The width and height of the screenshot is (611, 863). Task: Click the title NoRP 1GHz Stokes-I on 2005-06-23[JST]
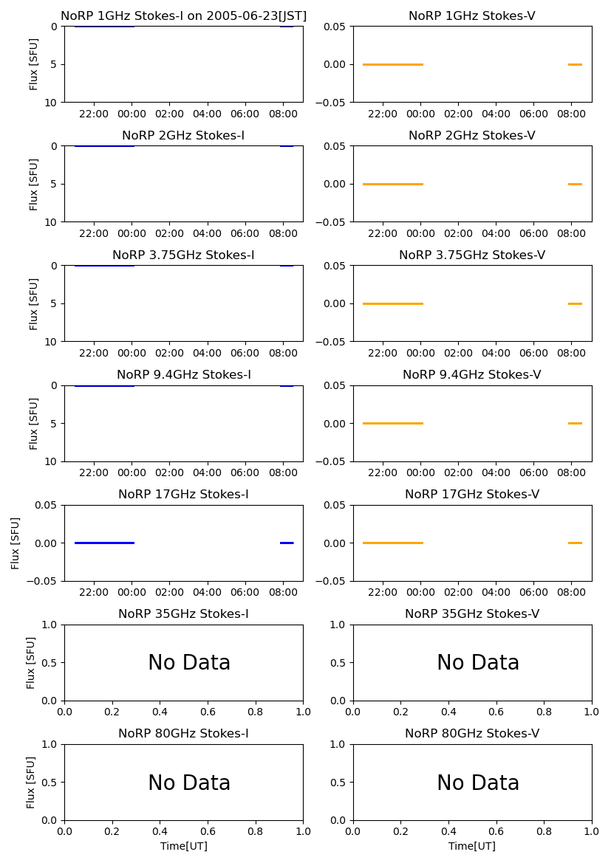point(183,16)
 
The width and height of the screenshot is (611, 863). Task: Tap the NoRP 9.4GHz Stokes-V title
point(471,375)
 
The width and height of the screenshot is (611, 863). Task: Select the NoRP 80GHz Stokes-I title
point(183,734)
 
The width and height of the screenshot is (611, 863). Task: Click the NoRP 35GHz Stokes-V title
point(471,614)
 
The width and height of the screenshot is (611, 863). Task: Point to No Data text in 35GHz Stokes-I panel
point(189,663)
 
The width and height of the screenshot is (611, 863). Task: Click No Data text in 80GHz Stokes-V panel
point(478,783)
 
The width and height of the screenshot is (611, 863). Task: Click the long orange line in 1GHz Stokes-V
point(392,64)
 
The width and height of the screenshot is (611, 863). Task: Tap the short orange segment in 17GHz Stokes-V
point(575,543)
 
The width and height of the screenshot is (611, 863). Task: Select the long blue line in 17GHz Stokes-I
point(104,543)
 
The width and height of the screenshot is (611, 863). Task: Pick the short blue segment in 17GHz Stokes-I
point(287,543)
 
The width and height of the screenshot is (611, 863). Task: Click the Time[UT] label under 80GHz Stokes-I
point(183,846)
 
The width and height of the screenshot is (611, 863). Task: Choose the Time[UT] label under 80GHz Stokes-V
point(471,846)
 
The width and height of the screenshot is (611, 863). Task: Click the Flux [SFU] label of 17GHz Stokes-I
point(16,543)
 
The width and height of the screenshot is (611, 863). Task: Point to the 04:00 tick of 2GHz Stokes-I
point(207,233)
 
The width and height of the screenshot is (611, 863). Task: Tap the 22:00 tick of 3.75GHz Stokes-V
point(383,353)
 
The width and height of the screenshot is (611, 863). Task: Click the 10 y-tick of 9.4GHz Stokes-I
point(52,461)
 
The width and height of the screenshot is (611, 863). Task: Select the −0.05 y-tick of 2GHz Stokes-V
point(331,221)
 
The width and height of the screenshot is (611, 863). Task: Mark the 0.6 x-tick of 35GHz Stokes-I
point(208,712)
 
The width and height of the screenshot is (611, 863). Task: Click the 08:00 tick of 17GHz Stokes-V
point(571,592)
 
